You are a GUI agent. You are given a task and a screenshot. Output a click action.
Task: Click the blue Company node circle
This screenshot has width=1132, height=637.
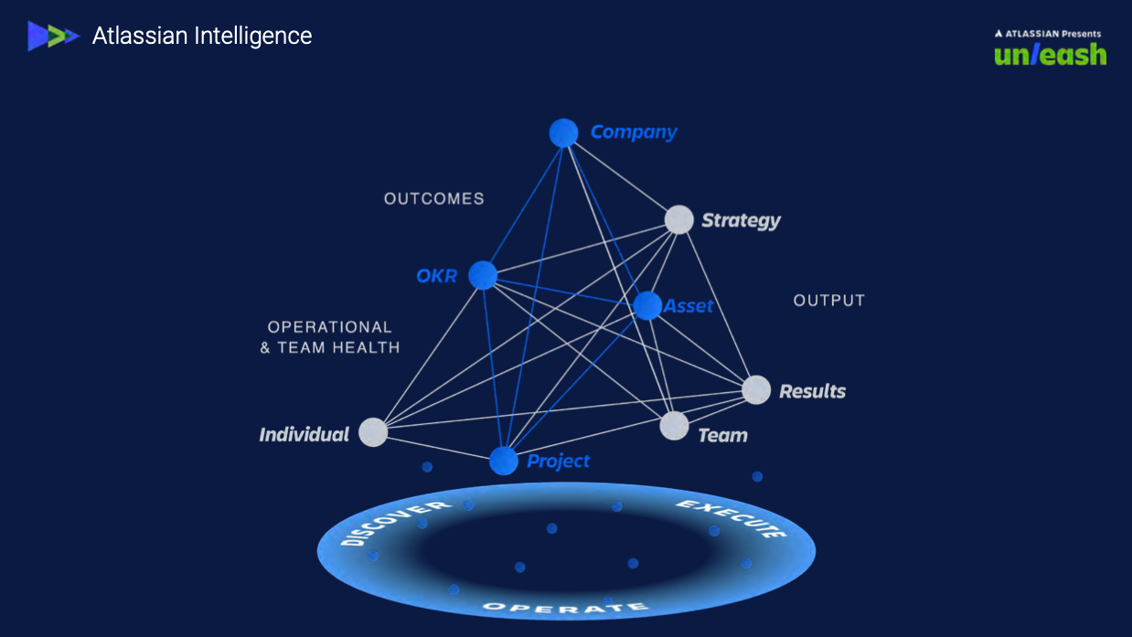(x=563, y=133)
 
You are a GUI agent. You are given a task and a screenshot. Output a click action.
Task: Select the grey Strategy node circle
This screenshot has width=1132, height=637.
(x=678, y=219)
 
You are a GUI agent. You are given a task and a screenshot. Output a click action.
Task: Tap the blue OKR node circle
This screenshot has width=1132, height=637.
(x=483, y=275)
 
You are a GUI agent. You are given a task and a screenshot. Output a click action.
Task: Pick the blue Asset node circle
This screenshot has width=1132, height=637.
(x=647, y=305)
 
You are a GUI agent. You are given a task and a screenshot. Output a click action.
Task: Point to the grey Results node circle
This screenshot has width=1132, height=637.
(x=756, y=390)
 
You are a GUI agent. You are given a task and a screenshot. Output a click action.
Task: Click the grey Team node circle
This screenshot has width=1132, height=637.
(x=674, y=425)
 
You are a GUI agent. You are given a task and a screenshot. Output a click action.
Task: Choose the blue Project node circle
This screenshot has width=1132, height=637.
(x=504, y=461)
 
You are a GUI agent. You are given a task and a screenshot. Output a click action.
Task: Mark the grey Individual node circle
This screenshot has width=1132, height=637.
(x=373, y=431)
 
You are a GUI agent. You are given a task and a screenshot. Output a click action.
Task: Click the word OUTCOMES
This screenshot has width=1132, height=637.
(x=434, y=198)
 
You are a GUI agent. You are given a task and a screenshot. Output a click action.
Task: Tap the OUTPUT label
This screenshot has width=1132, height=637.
(x=828, y=301)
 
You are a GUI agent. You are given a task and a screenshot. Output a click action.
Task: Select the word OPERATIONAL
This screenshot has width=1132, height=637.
(x=329, y=327)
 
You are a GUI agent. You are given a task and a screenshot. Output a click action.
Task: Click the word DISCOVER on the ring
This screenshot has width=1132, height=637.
(x=395, y=523)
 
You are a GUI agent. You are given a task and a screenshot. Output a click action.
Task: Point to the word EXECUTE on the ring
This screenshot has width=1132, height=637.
(x=732, y=517)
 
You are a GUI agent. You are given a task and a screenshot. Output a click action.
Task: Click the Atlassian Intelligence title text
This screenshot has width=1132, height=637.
(x=202, y=36)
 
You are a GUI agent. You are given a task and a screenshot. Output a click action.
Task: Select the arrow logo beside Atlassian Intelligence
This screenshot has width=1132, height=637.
(x=53, y=36)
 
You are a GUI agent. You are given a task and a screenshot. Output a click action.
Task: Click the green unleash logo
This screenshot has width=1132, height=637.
(x=1050, y=55)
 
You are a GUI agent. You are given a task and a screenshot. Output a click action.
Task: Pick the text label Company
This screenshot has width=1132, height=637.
(x=634, y=132)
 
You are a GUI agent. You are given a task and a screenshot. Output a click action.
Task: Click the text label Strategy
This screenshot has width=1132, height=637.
(x=741, y=220)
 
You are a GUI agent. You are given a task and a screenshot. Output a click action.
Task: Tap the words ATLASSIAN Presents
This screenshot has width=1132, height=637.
(x=1048, y=34)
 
